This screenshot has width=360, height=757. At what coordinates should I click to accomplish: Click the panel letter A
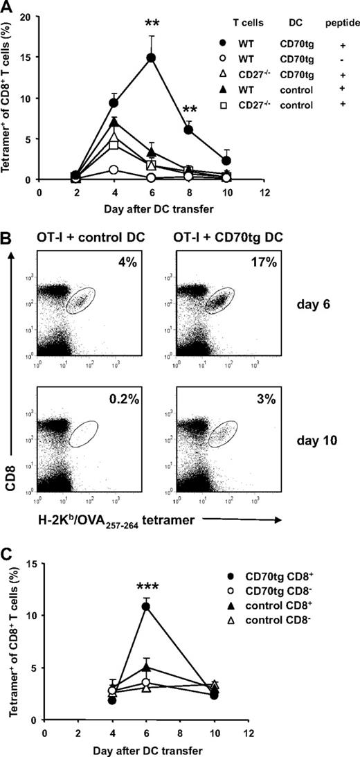click(8, 8)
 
